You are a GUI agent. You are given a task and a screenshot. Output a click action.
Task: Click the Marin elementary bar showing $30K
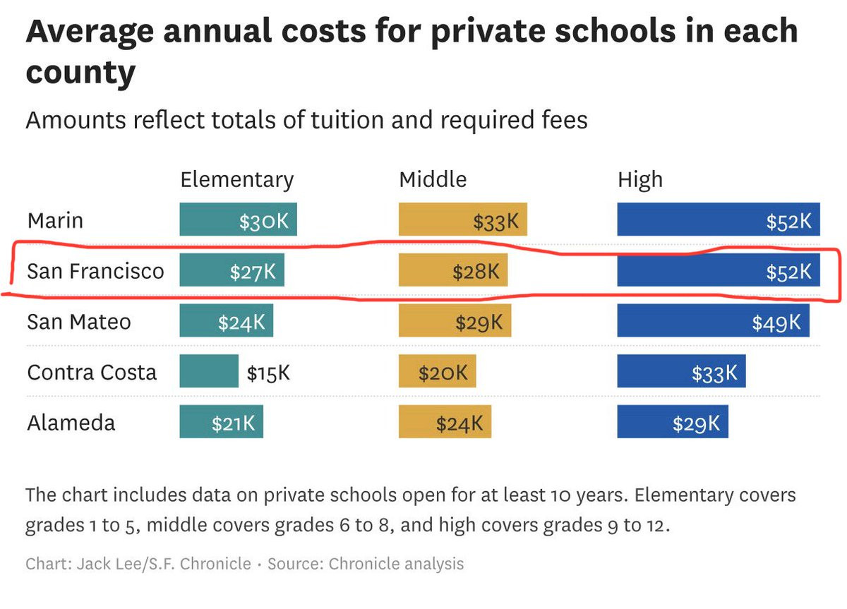click(x=239, y=219)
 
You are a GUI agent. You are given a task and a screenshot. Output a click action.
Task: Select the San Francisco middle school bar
click(x=453, y=270)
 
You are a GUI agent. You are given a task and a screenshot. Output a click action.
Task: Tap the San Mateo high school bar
click(x=714, y=320)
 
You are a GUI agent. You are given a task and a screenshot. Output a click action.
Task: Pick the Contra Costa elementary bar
click(x=209, y=371)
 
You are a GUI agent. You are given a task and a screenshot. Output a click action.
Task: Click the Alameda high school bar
click(x=673, y=422)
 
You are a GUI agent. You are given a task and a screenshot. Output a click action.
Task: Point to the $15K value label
click(x=268, y=373)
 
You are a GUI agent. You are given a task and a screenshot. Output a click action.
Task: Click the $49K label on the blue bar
click(x=776, y=322)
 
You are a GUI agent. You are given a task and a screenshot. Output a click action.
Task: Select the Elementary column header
click(x=237, y=180)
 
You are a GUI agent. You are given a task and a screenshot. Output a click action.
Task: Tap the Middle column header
click(x=433, y=179)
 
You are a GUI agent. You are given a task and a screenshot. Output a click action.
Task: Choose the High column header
click(x=640, y=180)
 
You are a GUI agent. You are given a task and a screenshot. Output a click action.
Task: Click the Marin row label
click(x=55, y=221)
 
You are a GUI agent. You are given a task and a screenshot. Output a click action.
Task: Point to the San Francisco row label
click(x=96, y=271)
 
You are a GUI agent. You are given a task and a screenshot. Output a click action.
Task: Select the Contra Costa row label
click(x=92, y=373)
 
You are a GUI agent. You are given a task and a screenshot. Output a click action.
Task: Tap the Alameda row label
click(x=71, y=423)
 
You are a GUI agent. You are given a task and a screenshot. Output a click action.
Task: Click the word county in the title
click(x=80, y=73)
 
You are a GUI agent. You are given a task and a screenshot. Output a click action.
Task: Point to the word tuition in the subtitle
click(x=347, y=120)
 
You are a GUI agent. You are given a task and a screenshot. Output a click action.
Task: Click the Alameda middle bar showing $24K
click(x=445, y=422)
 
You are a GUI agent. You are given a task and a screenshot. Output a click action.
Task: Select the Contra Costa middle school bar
click(x=437, y=371)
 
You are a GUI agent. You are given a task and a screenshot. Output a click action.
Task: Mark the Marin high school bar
click(x=719, y=219)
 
